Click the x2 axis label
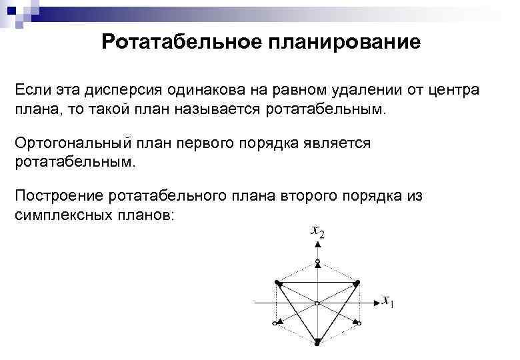point(317,232)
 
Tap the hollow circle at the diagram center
point(317,303)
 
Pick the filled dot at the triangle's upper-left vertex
point(277,283)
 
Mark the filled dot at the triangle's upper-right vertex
point(358,283)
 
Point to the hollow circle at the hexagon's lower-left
point(275,323)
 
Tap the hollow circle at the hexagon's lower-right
point(360,323)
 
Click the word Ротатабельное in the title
point(180,42)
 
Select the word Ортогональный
point(71,143)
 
